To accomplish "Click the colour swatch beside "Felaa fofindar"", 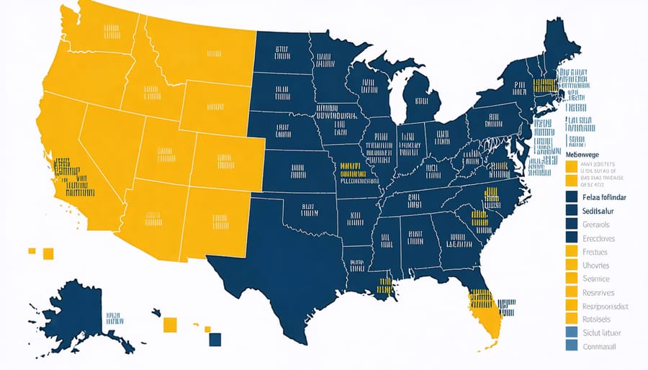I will [x=572, y=197].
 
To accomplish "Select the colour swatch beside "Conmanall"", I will [x=572, y=347].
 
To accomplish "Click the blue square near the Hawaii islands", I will [x=215, y=339].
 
